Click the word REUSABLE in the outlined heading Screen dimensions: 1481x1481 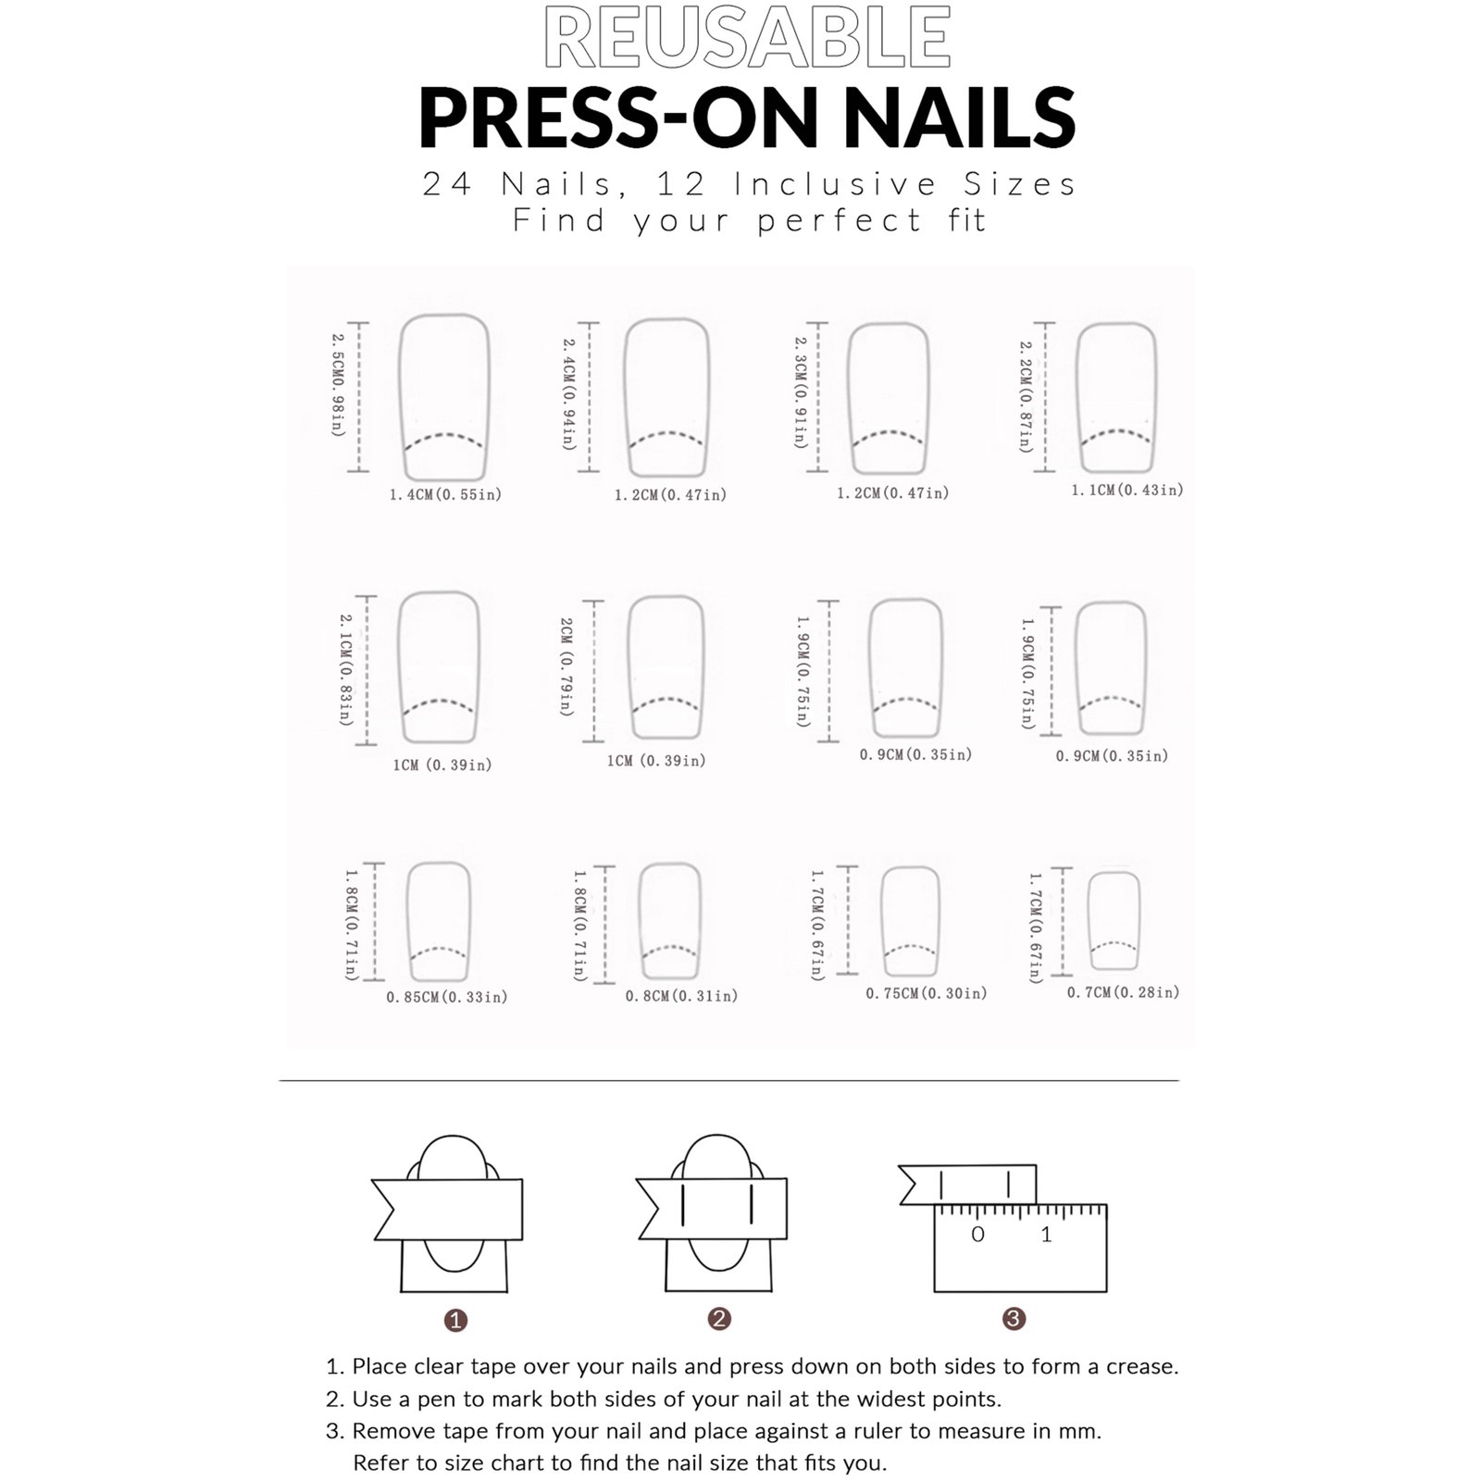(747, 38)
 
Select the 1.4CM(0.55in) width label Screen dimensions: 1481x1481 (445, 495)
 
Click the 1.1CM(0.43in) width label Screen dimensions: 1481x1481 (1127, 490)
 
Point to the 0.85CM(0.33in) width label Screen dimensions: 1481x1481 (447, 997)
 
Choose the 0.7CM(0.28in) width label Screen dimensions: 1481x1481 (1124, 992)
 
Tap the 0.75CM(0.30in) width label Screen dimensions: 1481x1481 (927, 993)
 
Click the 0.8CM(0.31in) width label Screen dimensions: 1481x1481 (681, 996)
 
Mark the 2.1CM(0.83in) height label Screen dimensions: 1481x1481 (346, 669)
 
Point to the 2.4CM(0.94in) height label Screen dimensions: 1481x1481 (569, 394)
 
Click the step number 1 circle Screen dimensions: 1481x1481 (455, 1320)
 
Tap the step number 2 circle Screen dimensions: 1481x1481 (719, 1319)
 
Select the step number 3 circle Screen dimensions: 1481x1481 (1014, 1318)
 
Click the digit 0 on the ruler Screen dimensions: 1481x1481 (977, 1234)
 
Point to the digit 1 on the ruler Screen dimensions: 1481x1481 (1046, 1234)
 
